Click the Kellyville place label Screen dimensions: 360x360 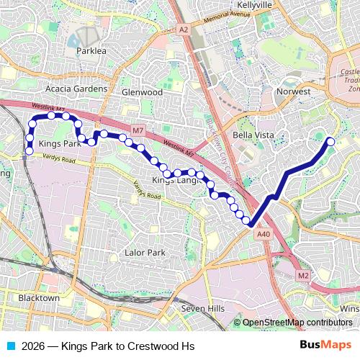point(254,4)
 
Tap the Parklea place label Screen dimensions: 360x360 point(91,51)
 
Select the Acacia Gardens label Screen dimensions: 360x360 point(76,89)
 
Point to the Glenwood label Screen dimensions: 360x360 point(142,92)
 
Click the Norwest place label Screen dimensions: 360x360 point(293,92)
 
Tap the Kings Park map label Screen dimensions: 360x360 point(60,144)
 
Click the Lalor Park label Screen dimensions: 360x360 point(145,253)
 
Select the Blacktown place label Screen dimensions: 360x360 point(39,298)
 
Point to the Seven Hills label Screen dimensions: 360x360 point(203,308)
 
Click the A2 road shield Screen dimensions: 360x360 point(184,30)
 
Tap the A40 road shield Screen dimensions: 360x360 point(264,233)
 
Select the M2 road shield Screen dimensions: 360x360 point(303,275)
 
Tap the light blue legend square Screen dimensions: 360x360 point(11,346)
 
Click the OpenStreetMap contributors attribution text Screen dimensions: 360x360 point(297,323)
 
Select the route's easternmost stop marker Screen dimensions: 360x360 point(330,141)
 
